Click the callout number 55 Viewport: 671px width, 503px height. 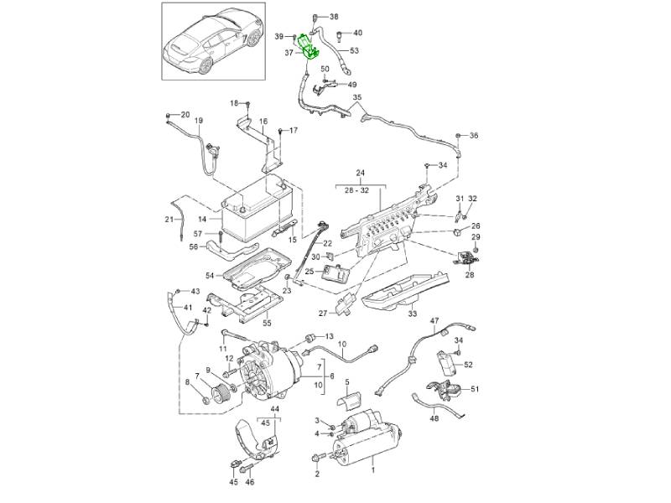(x=268, y=323)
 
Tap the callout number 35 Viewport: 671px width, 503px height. (x=356, y=98)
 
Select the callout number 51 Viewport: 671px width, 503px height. (x=475, y=389)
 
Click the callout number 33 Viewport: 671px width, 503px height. (x=412, y=314)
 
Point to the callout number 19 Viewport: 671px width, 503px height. (x=199, y=121)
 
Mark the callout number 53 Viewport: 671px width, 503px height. (x=354, y=50)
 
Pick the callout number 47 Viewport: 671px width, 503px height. (x=434, y=321)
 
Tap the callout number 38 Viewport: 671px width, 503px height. (x=334, y=17)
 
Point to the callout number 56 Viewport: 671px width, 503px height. (x=193, y=246)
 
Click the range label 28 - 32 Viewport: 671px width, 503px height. (x=362, y=190)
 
